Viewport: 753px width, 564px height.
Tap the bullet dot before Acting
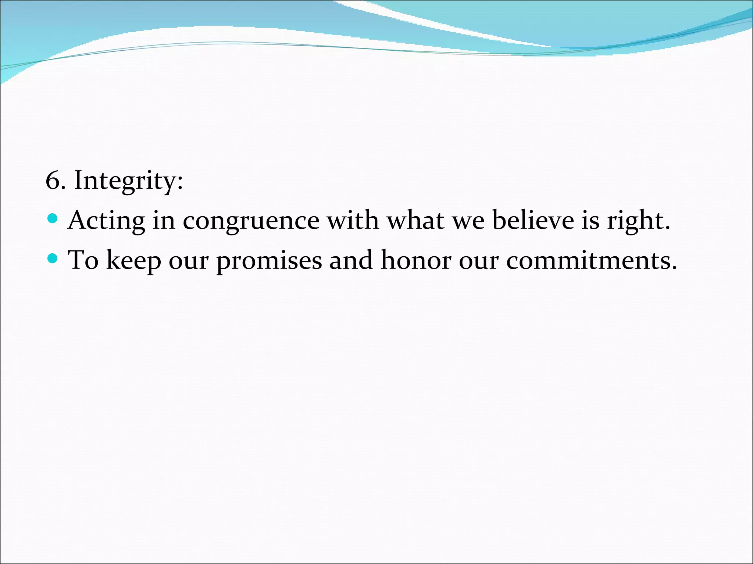[53, 219]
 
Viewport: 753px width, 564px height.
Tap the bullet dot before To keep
[53, 259]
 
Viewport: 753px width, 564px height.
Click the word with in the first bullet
[353, 220]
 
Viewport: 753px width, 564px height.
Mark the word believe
[533, 220]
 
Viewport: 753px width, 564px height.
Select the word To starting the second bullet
[83, 260]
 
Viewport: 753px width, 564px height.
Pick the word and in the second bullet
[351, 260]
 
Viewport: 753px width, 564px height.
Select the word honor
[415, 260]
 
